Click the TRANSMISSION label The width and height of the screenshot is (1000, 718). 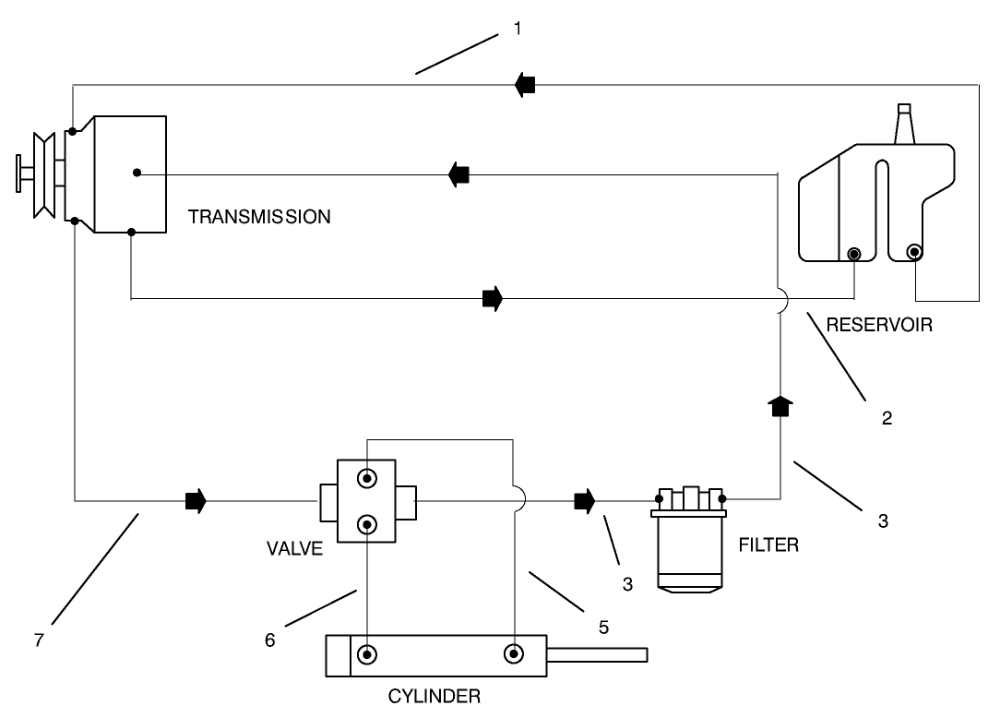click(x=259, y=218)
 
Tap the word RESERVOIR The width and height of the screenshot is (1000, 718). click(x=880, y=325)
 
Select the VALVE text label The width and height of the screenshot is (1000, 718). click(x=294, y=549)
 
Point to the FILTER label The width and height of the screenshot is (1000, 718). click(x=768, y=544)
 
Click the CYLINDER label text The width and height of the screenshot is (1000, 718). click(x=435, y=696)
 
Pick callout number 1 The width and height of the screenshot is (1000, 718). click(x=518, y=29)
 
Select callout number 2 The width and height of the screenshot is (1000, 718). click(x=887, y=418)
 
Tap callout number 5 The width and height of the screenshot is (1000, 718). click(x=603, y=627)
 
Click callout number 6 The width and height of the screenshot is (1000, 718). click(x=270, y=640)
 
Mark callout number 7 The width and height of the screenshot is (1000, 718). click(x=39, y=640)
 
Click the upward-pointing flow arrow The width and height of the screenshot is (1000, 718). click(x=780, y=405)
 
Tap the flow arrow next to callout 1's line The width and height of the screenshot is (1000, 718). click(x=525, y=85)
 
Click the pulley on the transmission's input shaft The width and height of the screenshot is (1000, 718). click(x=42, y=174)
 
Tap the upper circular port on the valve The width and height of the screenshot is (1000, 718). click(x=368, y=479)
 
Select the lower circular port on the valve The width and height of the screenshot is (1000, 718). click(x=368, y=525)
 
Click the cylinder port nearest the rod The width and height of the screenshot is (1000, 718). click(x=512, y=654)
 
